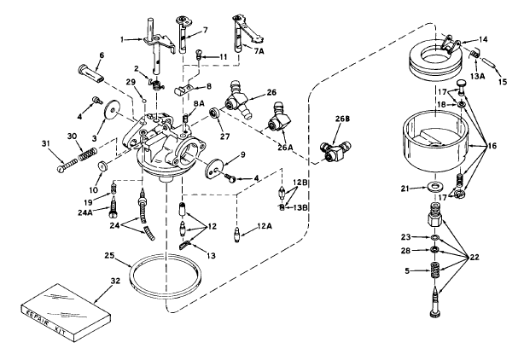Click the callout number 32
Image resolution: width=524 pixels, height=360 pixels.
115,281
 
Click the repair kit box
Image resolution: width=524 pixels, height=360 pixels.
66,314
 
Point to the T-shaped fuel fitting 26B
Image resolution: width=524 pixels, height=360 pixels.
335,150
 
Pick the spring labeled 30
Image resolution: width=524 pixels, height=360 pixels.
88,154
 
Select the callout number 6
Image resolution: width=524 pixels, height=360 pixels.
102,55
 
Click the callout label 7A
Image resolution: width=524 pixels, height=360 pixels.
259,51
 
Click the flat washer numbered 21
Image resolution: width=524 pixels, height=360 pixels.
434,185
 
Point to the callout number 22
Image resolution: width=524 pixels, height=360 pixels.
474,257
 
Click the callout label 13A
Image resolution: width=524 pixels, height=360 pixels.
477,77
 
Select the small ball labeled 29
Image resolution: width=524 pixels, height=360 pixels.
144,100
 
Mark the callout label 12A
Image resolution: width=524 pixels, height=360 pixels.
264,226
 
